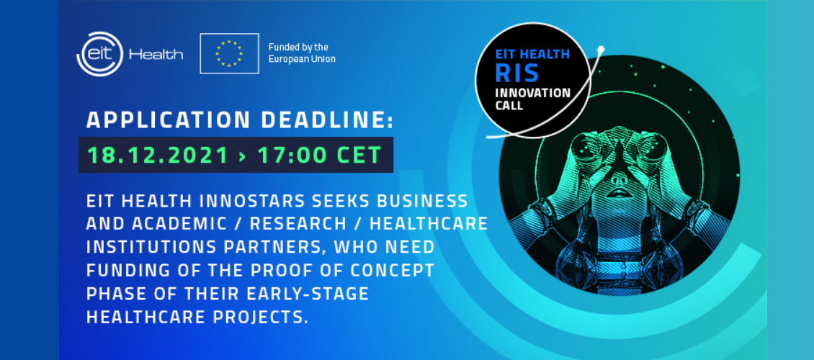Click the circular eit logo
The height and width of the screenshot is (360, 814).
[x=99, y=54]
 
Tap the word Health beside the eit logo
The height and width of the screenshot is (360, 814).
[x=156, y=55]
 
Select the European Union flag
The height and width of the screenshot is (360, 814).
[x=230, y=53]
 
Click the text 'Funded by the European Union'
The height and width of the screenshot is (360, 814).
[x=302, y=53]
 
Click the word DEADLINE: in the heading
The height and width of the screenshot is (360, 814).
[x=327, y=120]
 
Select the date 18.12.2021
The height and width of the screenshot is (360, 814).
[x=158, y=155]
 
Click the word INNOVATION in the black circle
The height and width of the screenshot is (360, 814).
[x=532, y=94]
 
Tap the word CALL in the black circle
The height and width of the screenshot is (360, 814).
[x=509, y=105]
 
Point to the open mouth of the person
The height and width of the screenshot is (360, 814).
[x=618, y=194]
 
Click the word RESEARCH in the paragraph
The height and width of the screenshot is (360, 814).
[x=298, y=224]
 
